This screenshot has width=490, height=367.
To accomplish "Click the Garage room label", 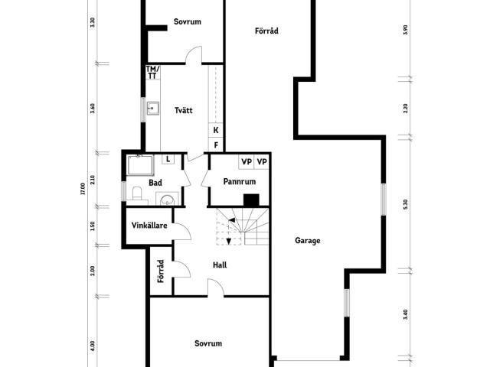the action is (308, 241).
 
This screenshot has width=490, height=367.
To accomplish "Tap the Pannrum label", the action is (240, 181).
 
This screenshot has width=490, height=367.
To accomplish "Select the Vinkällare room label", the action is (149, 226).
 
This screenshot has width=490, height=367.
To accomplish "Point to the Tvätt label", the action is (184, 110).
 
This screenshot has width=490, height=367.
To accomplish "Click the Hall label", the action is (220, 265).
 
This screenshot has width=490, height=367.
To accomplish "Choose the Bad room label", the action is (155, 183).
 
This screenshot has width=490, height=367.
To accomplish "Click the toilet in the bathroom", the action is (137, 193).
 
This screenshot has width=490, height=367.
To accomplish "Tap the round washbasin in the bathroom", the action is (168, 200).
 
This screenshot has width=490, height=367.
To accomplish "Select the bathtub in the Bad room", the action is (141, 165).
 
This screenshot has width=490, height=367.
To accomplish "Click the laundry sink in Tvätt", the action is (153, 109).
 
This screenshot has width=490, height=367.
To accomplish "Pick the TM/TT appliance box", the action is (153, 72).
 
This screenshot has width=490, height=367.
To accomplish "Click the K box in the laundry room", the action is (216, 130).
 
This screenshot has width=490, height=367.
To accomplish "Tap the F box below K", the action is (216, 145).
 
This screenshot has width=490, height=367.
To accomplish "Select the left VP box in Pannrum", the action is (247, 161).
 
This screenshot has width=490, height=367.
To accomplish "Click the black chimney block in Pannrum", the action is (251, 200).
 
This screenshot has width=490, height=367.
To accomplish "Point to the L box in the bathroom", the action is (168, 159).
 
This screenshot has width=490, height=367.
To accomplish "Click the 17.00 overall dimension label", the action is (83, 189).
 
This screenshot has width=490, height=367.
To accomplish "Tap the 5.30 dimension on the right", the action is (405, 204).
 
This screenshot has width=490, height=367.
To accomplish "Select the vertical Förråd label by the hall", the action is (161, 271).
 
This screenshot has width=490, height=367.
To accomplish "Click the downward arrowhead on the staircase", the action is (229, 242).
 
